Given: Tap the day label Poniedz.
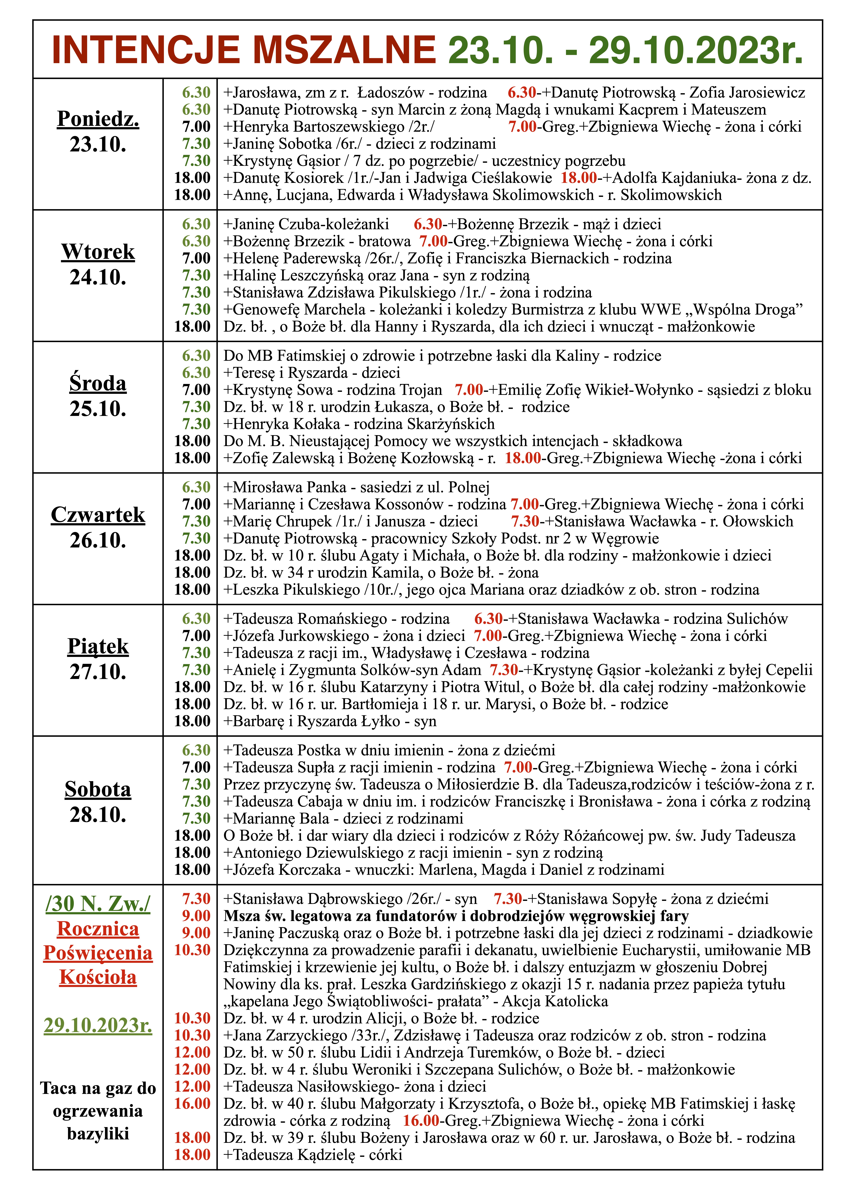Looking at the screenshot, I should pos(98,119).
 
